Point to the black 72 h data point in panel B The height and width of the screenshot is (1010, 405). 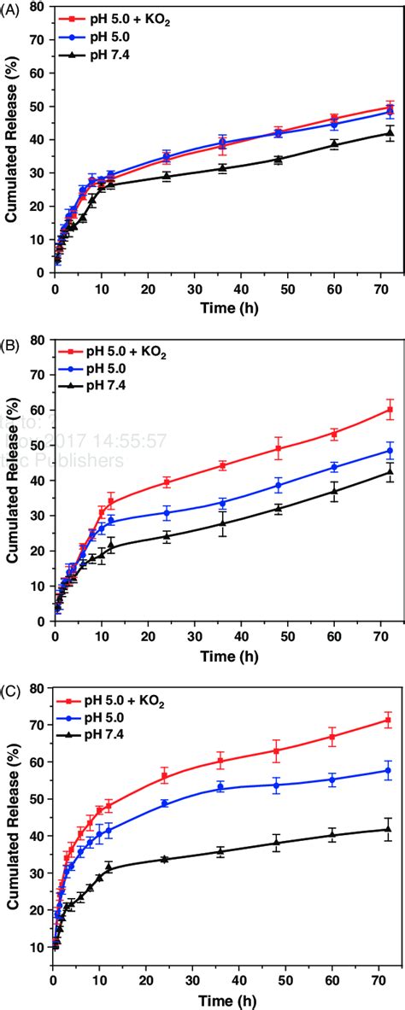click(x=390, y=471)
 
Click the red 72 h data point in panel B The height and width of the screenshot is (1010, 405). click(x=390, y=410)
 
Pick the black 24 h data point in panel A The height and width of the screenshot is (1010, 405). click(x=167, y=176)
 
